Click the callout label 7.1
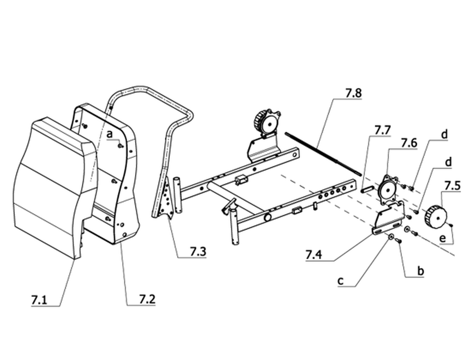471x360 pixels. (39, 300)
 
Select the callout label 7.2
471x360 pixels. (147, 299)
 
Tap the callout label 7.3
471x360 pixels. (198, 251)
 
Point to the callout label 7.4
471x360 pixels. (313, 255)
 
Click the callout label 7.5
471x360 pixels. (452, 186)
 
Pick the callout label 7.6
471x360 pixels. (409, 143)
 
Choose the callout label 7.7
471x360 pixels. (382, 130)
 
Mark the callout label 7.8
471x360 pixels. (354, 93)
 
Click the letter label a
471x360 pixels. (110, 134)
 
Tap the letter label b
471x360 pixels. (421, 271)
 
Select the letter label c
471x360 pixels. (340, 281)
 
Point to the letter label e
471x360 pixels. (442, 238)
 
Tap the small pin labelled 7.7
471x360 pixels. (367, 189)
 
